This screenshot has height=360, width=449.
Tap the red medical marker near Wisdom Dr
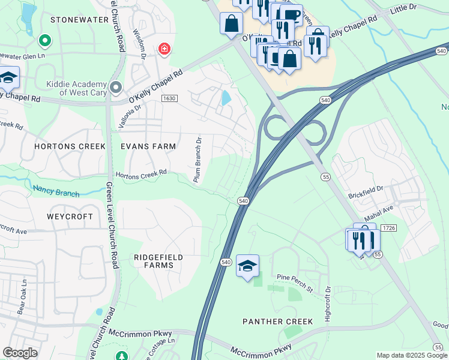coord(163,49)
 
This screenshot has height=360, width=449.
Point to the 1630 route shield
coord(169,98)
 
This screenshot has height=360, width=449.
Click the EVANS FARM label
coord(148,146)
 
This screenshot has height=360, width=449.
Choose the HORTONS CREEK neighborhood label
coord(70,146)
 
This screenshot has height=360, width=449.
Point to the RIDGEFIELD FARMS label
coord(158,261)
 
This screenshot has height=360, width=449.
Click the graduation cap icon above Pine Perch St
coord(247,266)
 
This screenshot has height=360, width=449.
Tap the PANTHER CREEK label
coord(277,322)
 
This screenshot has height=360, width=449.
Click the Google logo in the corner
coord(20,353)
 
